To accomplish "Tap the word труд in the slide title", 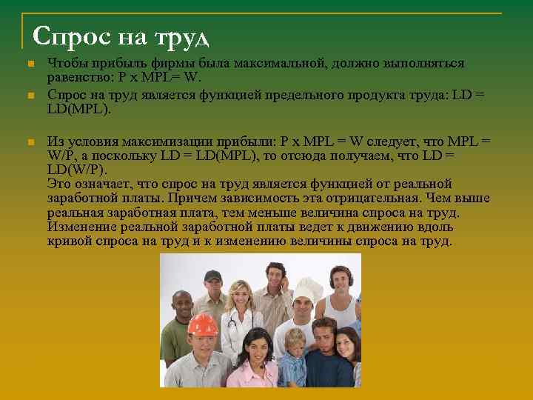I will pos(181,36).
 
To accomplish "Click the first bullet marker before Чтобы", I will pos(30,64).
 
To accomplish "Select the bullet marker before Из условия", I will pos(30,142).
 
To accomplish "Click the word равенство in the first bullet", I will pos(76,78).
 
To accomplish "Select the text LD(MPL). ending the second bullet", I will pos(78,110).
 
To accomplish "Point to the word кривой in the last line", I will pos(68,242).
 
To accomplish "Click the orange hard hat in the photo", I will pos(201,324).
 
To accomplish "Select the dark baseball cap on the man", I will pos(213,276).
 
